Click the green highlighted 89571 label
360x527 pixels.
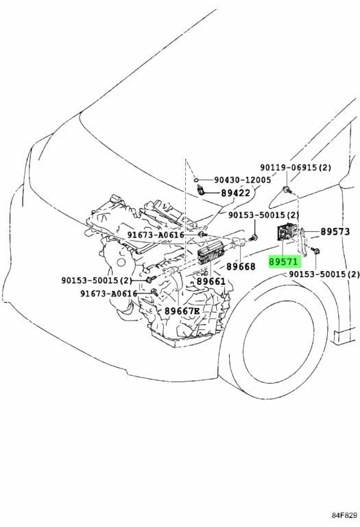click(283, 261)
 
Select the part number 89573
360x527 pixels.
click(335, 231)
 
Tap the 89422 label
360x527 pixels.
click(236, 193)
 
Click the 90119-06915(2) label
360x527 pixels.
click(296, 167)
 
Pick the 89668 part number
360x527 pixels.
click(241, 266)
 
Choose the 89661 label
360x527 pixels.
click(211, 281)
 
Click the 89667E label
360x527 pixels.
click(182, 312)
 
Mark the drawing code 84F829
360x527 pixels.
click(344, 515)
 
